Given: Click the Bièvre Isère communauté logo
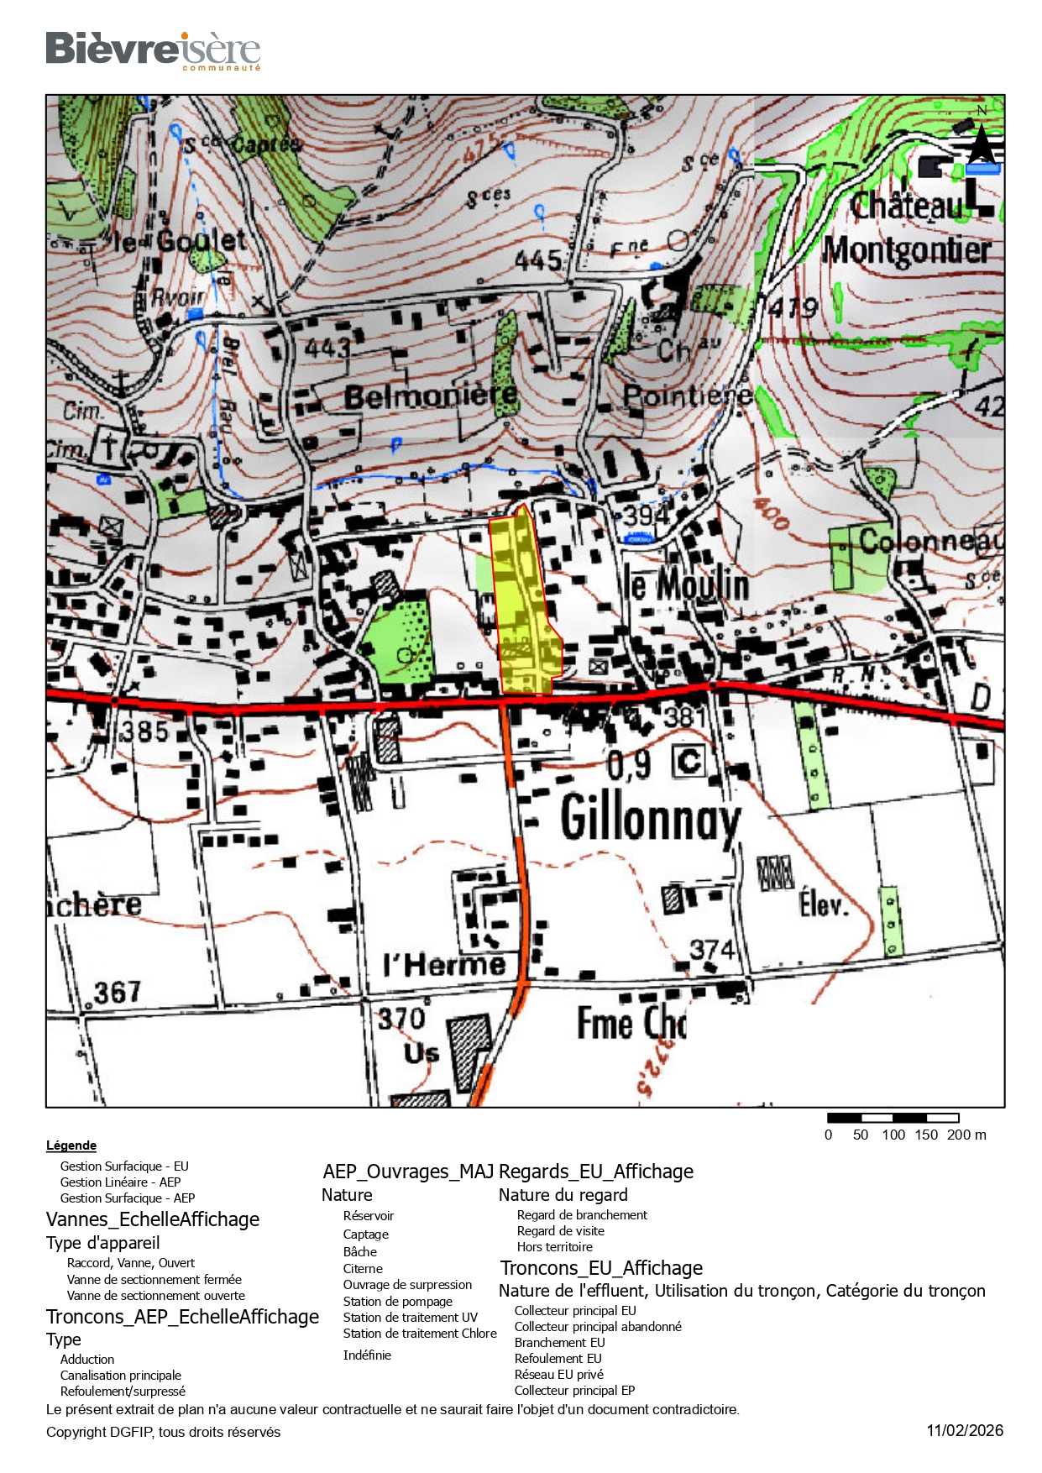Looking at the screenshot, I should (153, 50).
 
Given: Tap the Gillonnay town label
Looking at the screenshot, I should (651, 817).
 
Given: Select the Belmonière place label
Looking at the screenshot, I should (431, 395).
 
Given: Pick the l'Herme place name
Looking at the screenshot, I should (444, 965).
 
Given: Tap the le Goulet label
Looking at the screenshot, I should (180, 242).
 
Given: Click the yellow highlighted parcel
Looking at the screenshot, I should (525, 605).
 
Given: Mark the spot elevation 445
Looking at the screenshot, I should (537, 260).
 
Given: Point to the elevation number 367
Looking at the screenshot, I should (117, 993).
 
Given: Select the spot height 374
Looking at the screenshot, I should (712, 950).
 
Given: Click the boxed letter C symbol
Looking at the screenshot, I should (689, 762).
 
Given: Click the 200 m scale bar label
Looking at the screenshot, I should (966, 1135).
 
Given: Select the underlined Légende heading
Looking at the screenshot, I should (71, 1145).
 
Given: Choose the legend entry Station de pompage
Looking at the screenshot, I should (397, 1301).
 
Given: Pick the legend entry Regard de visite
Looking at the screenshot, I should (560, 1231).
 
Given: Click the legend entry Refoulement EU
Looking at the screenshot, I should (558, 1359).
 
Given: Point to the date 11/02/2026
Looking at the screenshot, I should (965, 1431).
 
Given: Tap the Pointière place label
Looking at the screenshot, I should (687, 395).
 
